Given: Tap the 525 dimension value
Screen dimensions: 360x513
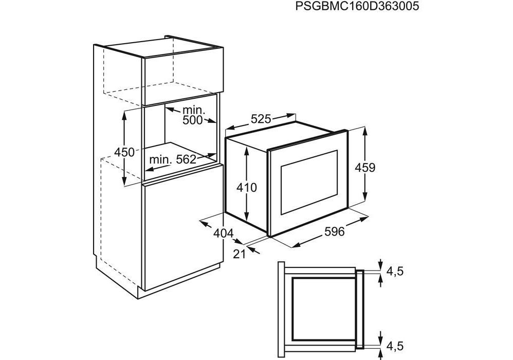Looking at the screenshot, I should [x=261, y=119].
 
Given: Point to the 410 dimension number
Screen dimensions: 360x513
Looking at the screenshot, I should [x=247, y=188].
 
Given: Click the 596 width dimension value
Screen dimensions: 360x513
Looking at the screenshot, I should [x=334, y=232].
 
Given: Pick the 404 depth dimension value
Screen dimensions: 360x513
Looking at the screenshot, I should [x=223, y=233].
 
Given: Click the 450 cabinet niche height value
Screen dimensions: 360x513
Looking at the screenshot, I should [x=124, y=152].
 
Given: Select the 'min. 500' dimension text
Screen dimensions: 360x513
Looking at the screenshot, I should [x=193, y=115].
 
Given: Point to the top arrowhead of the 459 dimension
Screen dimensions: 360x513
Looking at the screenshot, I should [x=364, y=129].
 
